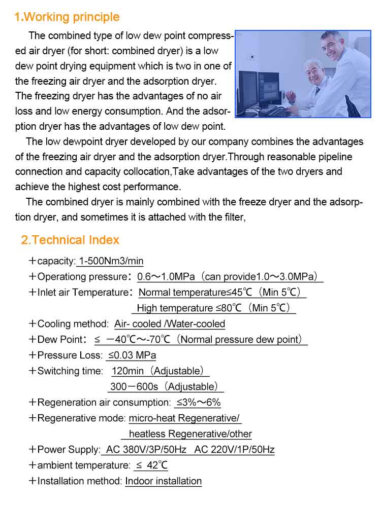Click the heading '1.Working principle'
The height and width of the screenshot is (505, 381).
[67, 17]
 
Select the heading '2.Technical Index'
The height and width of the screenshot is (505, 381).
[70, 240]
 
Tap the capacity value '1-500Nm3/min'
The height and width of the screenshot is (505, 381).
[110, 261]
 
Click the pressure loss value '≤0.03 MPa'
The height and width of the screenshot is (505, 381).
[132, 355]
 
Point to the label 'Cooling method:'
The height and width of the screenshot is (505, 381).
[73, 323]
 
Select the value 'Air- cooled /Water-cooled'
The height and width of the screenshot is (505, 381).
[170, 323]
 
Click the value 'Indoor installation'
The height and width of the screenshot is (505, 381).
[164, 481]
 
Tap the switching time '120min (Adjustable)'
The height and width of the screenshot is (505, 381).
[160, 371]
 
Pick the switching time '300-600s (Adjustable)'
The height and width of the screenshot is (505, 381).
[166, 386]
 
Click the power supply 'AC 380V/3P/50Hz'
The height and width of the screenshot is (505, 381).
[146, 449]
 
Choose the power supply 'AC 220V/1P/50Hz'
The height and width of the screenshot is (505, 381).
[234, 449]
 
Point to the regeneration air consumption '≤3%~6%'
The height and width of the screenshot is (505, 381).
[198, 402]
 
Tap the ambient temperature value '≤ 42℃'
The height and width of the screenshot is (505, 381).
[151, 465]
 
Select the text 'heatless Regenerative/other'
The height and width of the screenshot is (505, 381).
[190, 434]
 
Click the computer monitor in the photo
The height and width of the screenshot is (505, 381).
[248, 89]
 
